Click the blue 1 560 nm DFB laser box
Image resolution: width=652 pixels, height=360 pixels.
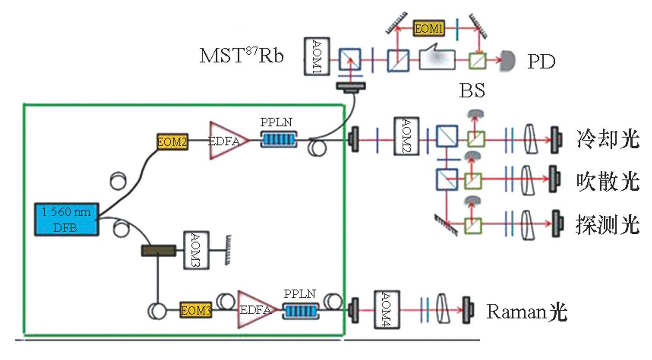pos(67,219)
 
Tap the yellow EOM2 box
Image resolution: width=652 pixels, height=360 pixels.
pos(172,142)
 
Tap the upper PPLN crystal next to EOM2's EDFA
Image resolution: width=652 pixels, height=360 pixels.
pos(279,139)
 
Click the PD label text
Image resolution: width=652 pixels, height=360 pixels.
pos(541,62)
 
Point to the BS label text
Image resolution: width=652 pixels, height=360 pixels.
pos(471,91)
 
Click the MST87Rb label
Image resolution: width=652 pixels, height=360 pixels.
pos(241,56)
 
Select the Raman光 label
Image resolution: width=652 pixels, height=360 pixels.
pos(526,312)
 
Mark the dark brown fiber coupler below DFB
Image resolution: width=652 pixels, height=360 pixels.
pos(159,250)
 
